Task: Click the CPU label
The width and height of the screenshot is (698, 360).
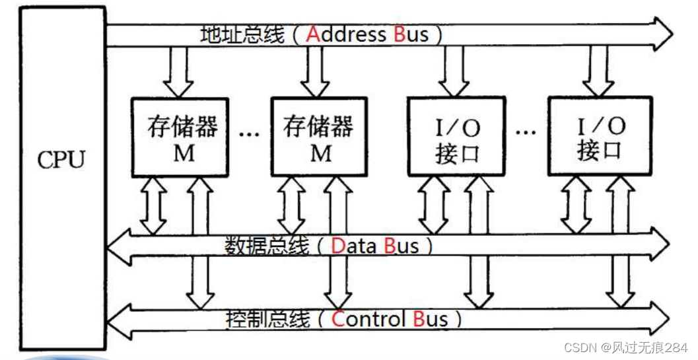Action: point(61,161)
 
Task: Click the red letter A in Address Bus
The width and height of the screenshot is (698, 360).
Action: point(313,34)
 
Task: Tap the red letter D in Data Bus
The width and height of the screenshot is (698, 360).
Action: point(338,246)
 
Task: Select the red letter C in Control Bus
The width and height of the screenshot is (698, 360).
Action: point(339,320)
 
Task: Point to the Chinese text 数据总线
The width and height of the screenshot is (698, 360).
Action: point(266,246)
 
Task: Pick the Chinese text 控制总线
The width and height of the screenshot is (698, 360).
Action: point(267,320)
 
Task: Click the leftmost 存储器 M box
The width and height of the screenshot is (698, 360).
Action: point(180,137)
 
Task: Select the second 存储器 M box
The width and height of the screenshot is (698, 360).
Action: point(320,137)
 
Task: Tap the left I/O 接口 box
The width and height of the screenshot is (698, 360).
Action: point(456,137)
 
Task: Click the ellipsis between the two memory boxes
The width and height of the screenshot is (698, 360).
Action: point(250,134)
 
